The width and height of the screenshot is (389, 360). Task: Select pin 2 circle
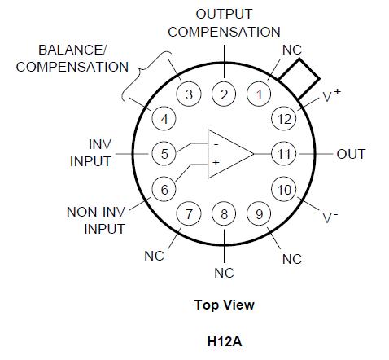(225, 94)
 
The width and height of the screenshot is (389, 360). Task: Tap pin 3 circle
(189, 94)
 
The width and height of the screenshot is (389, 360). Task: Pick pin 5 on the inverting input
(164, 152)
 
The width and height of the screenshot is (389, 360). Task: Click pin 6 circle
(164, 189)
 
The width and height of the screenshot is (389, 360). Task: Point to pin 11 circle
(283, 153)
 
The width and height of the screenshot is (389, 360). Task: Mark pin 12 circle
(282, 118)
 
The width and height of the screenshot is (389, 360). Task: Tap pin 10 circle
(282, 190)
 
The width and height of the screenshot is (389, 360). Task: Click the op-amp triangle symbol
(230, 153)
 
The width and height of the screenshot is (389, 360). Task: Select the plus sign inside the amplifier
(216, 162)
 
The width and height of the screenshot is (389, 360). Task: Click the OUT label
(351, 154)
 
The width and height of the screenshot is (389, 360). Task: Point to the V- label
(330, 217)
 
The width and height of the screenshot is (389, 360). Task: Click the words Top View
(224, 305)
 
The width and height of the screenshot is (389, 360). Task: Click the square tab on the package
(297, 77)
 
